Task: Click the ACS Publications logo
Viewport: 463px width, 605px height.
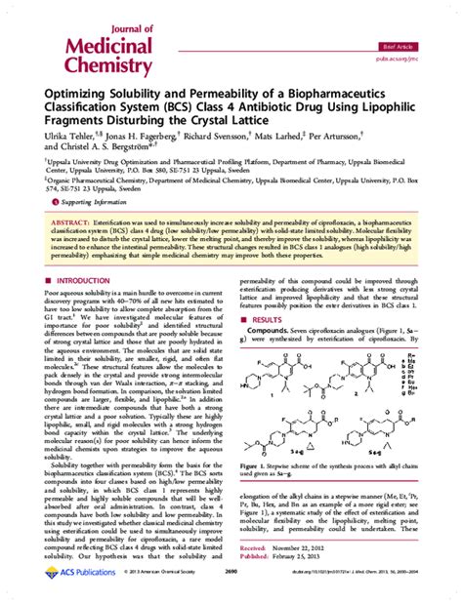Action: (64, 591)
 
